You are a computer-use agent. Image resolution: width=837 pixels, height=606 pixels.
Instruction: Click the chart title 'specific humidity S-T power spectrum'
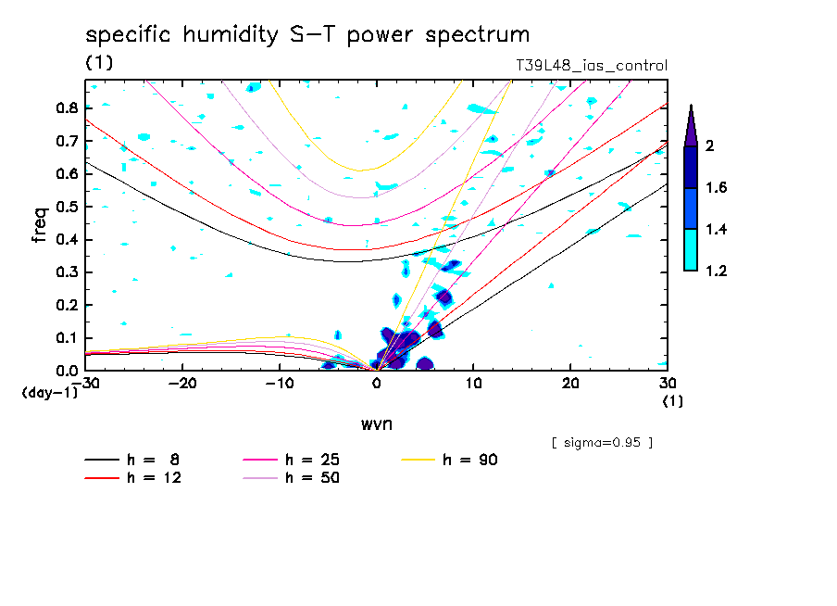307,35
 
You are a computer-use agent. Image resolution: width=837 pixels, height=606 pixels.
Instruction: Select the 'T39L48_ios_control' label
591,66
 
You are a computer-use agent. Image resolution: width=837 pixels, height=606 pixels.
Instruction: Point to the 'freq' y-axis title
39,225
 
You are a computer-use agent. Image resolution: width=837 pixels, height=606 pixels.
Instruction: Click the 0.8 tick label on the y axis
65,107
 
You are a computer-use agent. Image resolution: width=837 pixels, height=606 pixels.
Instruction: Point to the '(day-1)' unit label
49,393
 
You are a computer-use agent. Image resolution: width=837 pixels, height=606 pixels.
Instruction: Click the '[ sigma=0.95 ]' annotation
602,442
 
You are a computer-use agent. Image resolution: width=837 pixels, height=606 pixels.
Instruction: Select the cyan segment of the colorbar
691,250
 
